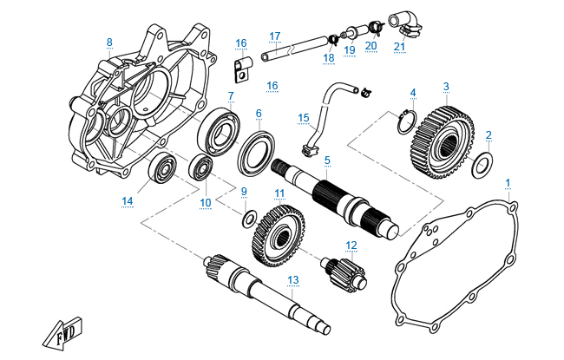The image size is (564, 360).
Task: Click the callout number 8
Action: click(x=109, y=42)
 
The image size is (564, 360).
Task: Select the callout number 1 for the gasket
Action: click(x=508, y=182)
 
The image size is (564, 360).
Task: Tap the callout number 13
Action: click(x=293, y=278)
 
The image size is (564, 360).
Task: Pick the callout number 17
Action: click(x=275, y=36)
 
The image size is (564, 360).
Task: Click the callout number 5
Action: click(x=327, y=160)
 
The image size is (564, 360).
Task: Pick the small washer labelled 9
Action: click(x=248, y=216)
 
